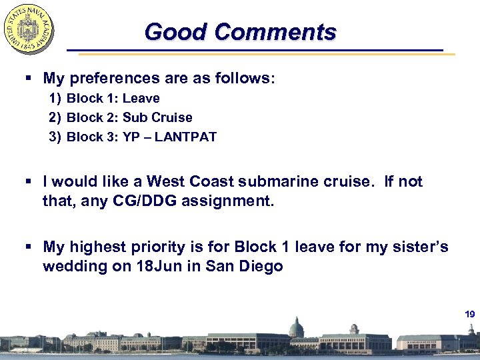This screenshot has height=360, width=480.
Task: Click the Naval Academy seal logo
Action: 29,29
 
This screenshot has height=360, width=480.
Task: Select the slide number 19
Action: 469,314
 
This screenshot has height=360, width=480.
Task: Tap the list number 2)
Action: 55,118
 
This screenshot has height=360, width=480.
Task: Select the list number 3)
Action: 55,137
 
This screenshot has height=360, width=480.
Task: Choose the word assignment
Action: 226,201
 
